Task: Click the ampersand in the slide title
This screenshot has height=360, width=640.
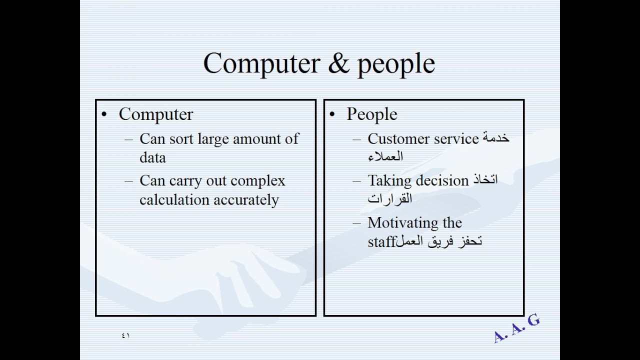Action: (339, 63)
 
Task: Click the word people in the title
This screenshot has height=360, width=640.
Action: (396, 65)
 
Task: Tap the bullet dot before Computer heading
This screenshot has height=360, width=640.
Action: (104, 114)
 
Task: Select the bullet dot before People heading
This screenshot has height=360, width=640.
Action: (331, 114)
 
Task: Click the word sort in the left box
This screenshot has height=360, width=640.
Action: (181, 139)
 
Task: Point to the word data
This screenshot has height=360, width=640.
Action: (152, 157)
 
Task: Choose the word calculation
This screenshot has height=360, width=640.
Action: (174, 199)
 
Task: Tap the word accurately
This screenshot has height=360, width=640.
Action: (246, 200)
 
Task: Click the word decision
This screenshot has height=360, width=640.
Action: (442, 180)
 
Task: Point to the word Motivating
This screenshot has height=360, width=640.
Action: (403, 223)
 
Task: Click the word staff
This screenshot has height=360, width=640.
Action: (382, 241)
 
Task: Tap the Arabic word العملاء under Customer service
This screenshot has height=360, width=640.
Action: (385, 156)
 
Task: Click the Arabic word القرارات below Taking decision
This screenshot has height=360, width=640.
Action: (389, 198)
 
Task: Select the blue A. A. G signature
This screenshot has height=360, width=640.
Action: (516, 328)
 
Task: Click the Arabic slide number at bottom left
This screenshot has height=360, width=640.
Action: (125, 335)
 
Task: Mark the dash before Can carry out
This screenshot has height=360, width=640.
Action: (129, 181)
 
